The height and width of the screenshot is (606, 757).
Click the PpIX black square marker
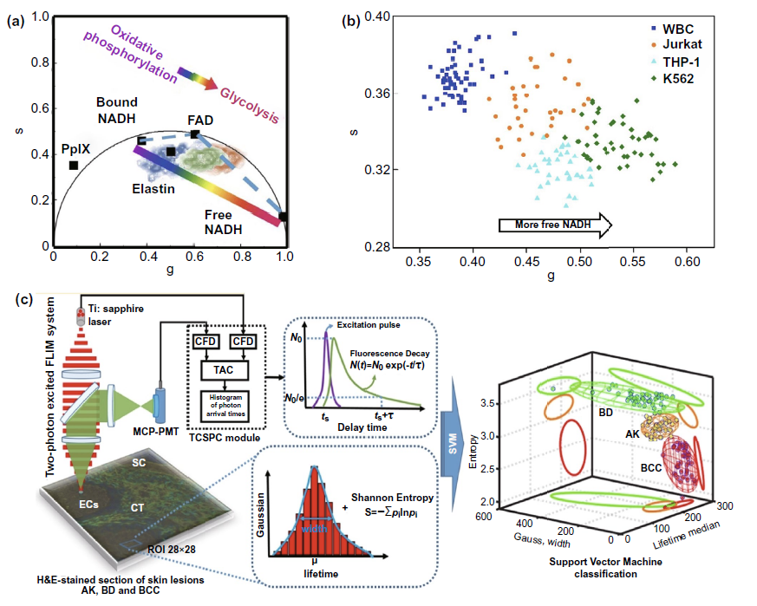(75, 165)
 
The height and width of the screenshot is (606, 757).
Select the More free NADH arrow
(555, 225)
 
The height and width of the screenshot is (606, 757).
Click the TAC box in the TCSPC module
(217, 368)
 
